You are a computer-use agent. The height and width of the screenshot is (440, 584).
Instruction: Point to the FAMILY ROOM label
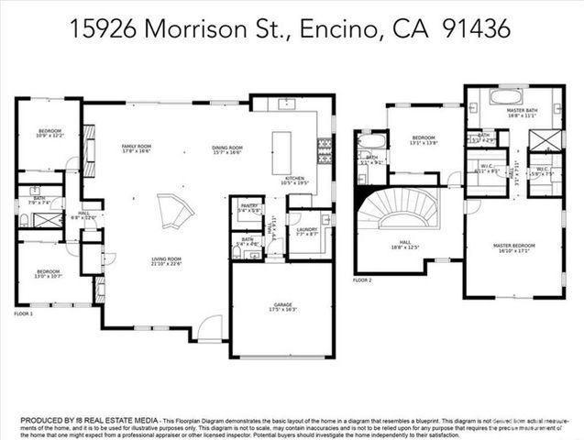[138, 147]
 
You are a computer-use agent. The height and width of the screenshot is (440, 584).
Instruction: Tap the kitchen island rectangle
[282, 148]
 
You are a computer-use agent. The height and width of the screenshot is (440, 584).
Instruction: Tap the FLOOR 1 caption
[23, 313]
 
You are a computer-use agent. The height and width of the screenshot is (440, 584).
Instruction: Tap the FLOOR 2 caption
[364, 279]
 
